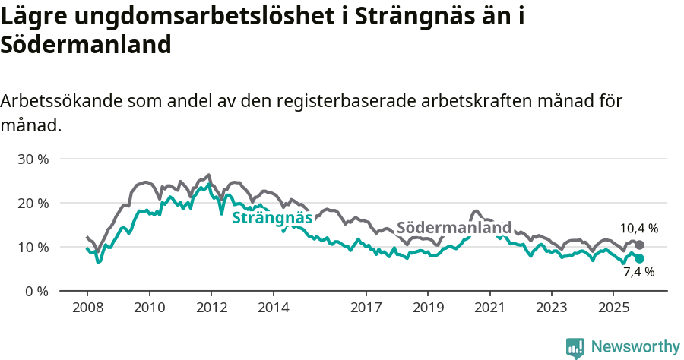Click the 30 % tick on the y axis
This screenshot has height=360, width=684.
tap(33, 159)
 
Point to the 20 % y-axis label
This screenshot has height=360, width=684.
tap(33, 203)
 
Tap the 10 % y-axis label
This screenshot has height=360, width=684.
tap(33, 247)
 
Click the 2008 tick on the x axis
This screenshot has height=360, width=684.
tap(87, 308)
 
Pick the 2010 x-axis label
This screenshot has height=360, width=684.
tap(149, 308)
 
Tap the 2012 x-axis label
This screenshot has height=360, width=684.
tap(211, 308)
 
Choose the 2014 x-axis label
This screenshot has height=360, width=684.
tap(273, 308)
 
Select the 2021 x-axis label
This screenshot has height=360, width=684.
tap(489, 308)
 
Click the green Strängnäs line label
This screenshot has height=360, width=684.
tap(272, 219)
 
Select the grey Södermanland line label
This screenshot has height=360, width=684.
tap(454, 228)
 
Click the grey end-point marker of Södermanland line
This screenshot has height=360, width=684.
tap(640, 245)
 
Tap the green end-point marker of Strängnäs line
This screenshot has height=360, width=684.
tap(640, 259)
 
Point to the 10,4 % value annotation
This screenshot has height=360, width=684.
tap(638, 228)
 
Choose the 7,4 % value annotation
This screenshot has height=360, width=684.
tap(639, 272)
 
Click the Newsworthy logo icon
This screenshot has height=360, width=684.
tap(575, 347)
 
